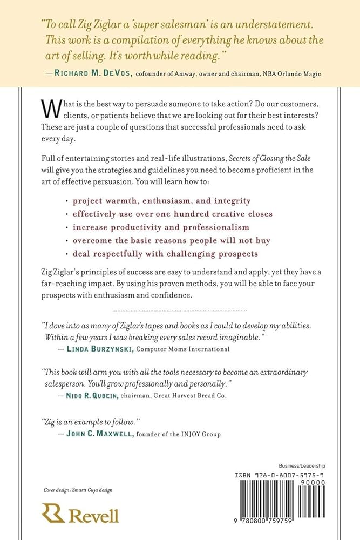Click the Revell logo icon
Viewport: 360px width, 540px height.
click(x=53, y=514)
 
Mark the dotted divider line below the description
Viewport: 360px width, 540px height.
click(x=179, y=311)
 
